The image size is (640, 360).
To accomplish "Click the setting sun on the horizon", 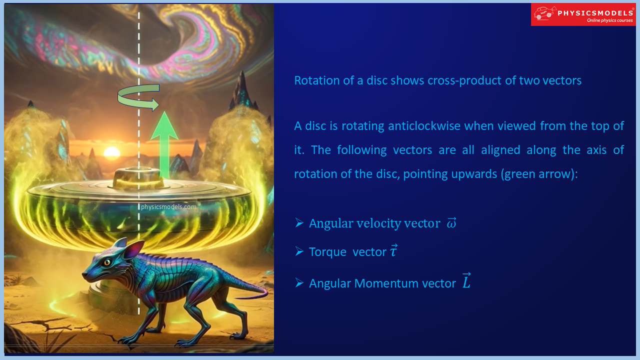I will point(111,152).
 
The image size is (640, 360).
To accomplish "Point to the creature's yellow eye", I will point(107,261).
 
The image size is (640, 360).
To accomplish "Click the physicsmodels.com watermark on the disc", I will point(168,206).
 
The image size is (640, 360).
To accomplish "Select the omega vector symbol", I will point(451,223).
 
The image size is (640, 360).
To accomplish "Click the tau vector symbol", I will point(394,251).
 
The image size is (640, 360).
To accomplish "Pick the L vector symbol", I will point(466,282).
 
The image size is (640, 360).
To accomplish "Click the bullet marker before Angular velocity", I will point(299,223).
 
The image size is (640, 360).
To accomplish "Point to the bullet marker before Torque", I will point(299,251).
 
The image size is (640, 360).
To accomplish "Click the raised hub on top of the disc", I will point(138,177).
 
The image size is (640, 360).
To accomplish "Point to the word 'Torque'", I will point(327,252).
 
